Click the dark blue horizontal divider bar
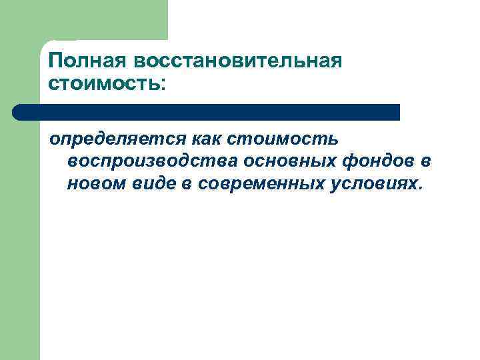213,112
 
